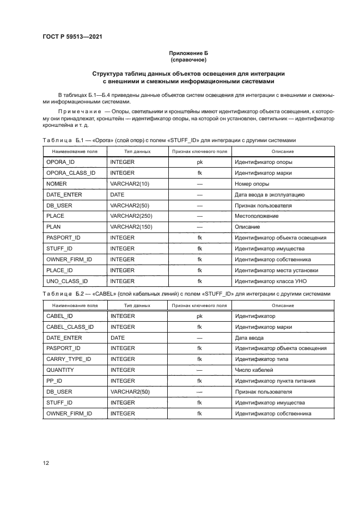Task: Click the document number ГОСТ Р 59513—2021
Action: pyautogui.click(x=72, y=36)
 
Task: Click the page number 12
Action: pyautogui.click(x=46, y=463)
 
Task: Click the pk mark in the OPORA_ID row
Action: pyautogui.click(x=199, y=162)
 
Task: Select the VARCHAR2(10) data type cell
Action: pyautogui.click(x=130, y=184)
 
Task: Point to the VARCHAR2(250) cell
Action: pyautogui.click(x=132, y=216)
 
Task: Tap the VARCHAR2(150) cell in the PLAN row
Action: pyautogui.click(x=132, y=227)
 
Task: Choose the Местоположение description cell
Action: pyautogui.click(x=257, y=216)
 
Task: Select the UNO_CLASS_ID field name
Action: pyautogui.click(x=67, y=281)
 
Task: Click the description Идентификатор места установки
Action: pyautogui.click(x=276, y=270)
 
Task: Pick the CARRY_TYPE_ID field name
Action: pyautogui.click(x=69, y=359)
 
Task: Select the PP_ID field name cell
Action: pyautogui.click(x=54, y=381)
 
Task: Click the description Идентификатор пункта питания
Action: pyautogui.click(x=275, y=381)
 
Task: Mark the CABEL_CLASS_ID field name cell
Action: pyautogui.click(x=70, y=327)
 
